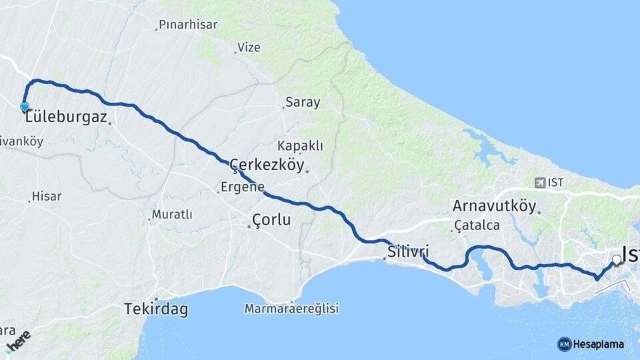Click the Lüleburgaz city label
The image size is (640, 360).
67,117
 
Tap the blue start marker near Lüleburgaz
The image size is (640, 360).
25,107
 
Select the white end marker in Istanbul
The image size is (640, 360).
617,260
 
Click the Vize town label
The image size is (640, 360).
249,47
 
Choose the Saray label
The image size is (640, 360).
303,103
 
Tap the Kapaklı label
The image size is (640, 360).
300,145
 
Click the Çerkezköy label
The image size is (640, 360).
267,164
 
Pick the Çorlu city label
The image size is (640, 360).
271,219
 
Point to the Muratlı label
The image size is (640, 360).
172,215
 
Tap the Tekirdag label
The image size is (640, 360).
156,309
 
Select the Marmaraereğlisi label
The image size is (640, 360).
291,309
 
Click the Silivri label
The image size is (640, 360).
408,251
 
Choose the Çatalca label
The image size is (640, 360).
477,225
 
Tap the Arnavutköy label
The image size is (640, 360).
494,205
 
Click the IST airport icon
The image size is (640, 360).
539,182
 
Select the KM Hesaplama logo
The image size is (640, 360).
591,344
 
